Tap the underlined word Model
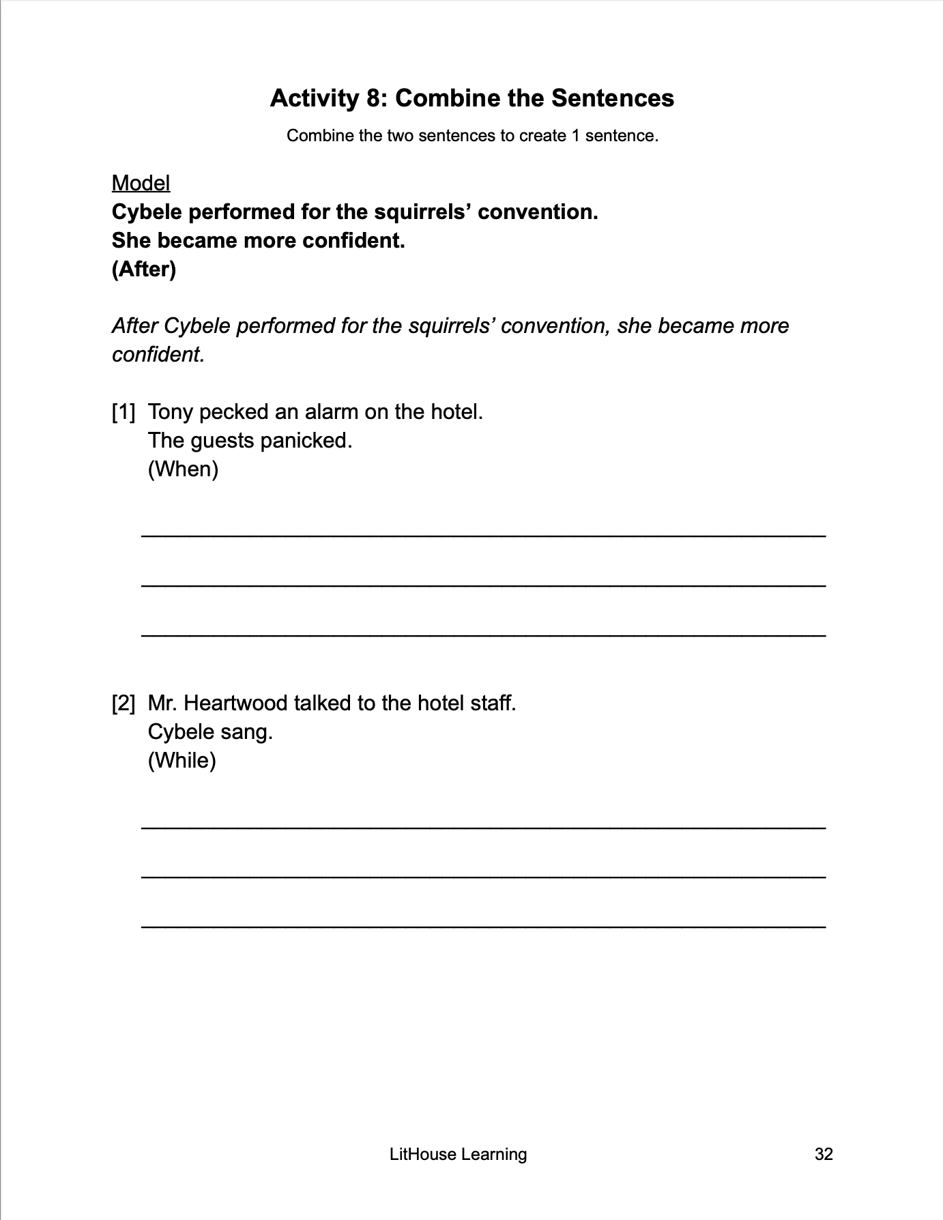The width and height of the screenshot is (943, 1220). [141, 183]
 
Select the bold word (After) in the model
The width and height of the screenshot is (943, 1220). [143, 270]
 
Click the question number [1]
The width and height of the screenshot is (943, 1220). [124, 412]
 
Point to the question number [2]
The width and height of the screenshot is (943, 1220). [124, 703]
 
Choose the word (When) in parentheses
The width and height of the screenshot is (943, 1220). [183, 469]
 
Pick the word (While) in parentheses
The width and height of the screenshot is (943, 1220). [182, 761]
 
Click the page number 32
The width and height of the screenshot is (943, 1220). [824, 1154]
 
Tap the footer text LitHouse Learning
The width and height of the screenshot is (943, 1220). [458, 1154]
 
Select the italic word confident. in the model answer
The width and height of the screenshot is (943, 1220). [158, 355]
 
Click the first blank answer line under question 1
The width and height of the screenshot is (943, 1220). [483, 535]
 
